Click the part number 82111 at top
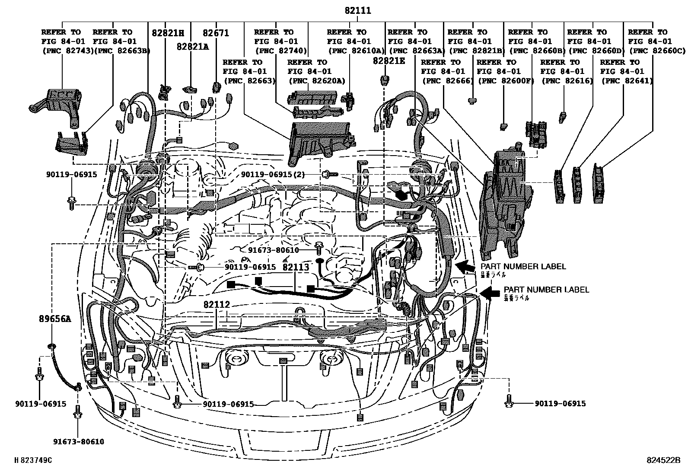point(358,11)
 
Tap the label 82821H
point(168,32)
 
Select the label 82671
point(216,32)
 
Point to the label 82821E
point(389,61)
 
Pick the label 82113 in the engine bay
point(296,267)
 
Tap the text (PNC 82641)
point(627,81)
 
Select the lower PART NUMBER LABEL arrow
point(489,293)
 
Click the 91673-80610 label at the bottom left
point(79,442)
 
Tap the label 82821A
point(192,47)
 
